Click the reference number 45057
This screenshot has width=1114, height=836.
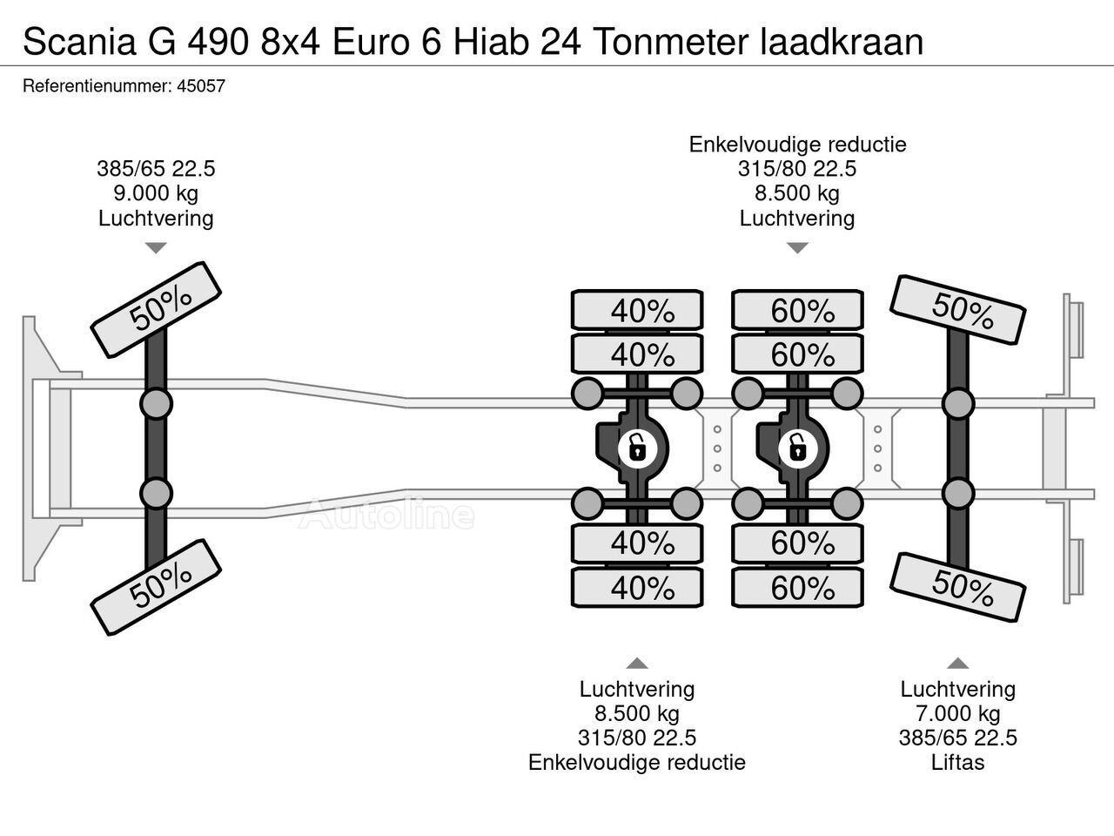point(203,86)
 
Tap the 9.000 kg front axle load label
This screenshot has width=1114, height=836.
point(156,193)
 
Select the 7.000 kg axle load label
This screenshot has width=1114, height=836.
point(957,714)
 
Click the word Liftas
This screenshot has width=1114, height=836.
point(957,763)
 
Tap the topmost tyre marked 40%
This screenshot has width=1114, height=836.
point(637,311)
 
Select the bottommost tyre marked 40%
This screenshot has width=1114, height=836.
point(637,589)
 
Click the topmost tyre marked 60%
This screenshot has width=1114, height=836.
point(798,311)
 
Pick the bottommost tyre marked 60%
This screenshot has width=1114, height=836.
point(798,589)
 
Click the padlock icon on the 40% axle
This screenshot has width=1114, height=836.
point(637,449)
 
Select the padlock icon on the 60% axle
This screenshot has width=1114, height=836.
point(796,449)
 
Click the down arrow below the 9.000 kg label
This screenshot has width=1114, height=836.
point(156,248)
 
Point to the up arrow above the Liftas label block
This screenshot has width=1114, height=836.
point(957,663)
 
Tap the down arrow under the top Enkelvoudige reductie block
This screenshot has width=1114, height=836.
point(797,248)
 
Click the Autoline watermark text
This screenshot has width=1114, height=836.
point(386,515)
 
